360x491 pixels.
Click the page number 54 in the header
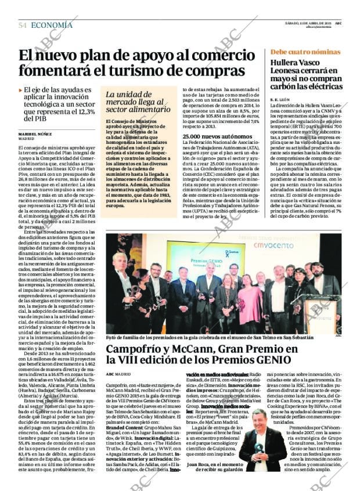[23, 26]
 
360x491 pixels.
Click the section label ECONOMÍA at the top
[52, 26]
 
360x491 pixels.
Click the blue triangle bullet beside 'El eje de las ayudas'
[21, 90]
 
